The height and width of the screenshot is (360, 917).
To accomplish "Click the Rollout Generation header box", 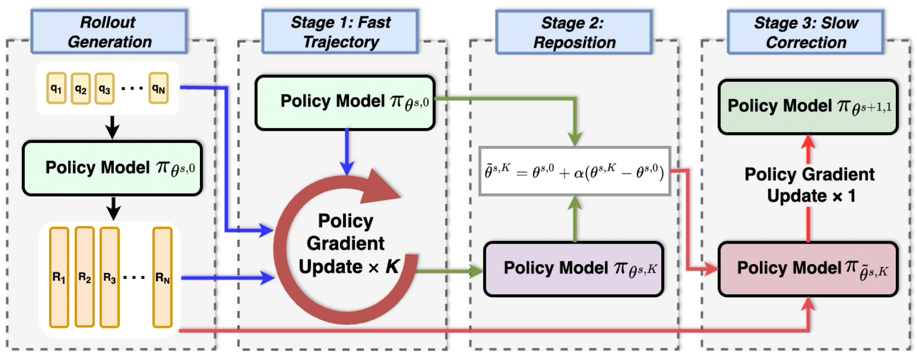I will click(109, 32).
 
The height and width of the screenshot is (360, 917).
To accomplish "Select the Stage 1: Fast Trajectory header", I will click(340, 32).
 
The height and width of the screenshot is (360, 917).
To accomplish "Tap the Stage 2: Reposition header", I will click(574, 32).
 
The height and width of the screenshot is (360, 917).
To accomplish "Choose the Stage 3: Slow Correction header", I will click(805, 32).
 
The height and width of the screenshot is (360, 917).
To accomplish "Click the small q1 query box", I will click(56, 88).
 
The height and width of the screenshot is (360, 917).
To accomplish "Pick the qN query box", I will click(159, 88).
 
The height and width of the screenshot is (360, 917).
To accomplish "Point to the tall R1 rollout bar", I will click(59, 277).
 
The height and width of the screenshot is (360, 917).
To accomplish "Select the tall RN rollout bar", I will click(162, 277).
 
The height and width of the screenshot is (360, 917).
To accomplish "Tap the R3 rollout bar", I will click(109, 277).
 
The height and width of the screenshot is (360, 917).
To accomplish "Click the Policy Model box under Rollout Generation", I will click(112, 168).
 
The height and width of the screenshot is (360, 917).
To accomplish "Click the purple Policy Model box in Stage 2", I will click(574, 269).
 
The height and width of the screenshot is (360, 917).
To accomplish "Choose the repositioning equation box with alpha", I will click(574, 171).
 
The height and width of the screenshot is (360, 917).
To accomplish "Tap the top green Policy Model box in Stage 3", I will click(808, 107).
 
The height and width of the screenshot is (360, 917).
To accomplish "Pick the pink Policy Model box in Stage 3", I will click(808, 269).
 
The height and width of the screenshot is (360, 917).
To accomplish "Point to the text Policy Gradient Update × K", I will click(346, 244).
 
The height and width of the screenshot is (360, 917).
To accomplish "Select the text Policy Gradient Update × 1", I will click(809, 185).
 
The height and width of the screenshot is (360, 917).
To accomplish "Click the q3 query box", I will click(105, 88).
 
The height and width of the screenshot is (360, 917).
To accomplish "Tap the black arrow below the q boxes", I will click(112, 127).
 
